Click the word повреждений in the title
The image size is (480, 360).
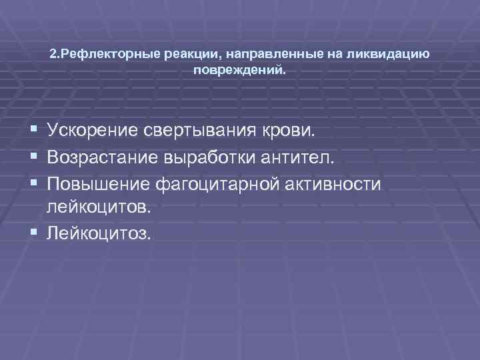[239, 69]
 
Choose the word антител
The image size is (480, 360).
[304, 157]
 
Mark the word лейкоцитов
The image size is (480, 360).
[99, 208]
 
